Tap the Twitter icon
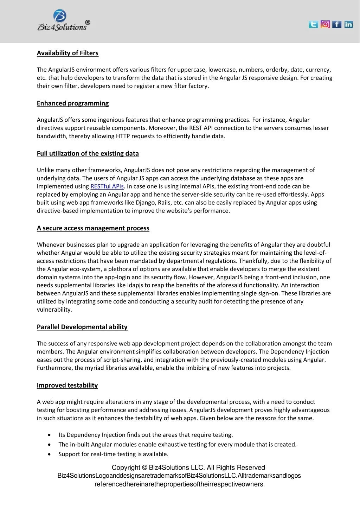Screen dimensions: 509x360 [x=313, y=24]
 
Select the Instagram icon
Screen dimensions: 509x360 [x=325, y=24]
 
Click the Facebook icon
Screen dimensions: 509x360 [x=337, y=24]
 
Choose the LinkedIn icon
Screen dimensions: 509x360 [x=348, y=24]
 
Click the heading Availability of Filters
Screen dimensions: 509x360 [x=67, y=53]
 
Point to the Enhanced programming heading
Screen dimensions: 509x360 [x=73, y=103]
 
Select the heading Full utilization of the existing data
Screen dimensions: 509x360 [x=88, y=154]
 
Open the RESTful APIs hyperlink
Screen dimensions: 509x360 [x=107, y=186]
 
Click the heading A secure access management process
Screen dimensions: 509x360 [x=93, y=228]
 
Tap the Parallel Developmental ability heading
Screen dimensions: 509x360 [x=82, y=327]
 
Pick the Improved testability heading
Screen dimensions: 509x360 [x=67, y=386]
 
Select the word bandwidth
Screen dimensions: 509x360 [x=52, y=136]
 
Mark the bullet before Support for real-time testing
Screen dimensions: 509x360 [x=49, y=454]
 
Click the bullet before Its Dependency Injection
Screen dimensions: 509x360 [x=49, y=435]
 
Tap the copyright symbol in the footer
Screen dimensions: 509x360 [x=144, y=468]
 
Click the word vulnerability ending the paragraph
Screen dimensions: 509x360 [x=54, y=310]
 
